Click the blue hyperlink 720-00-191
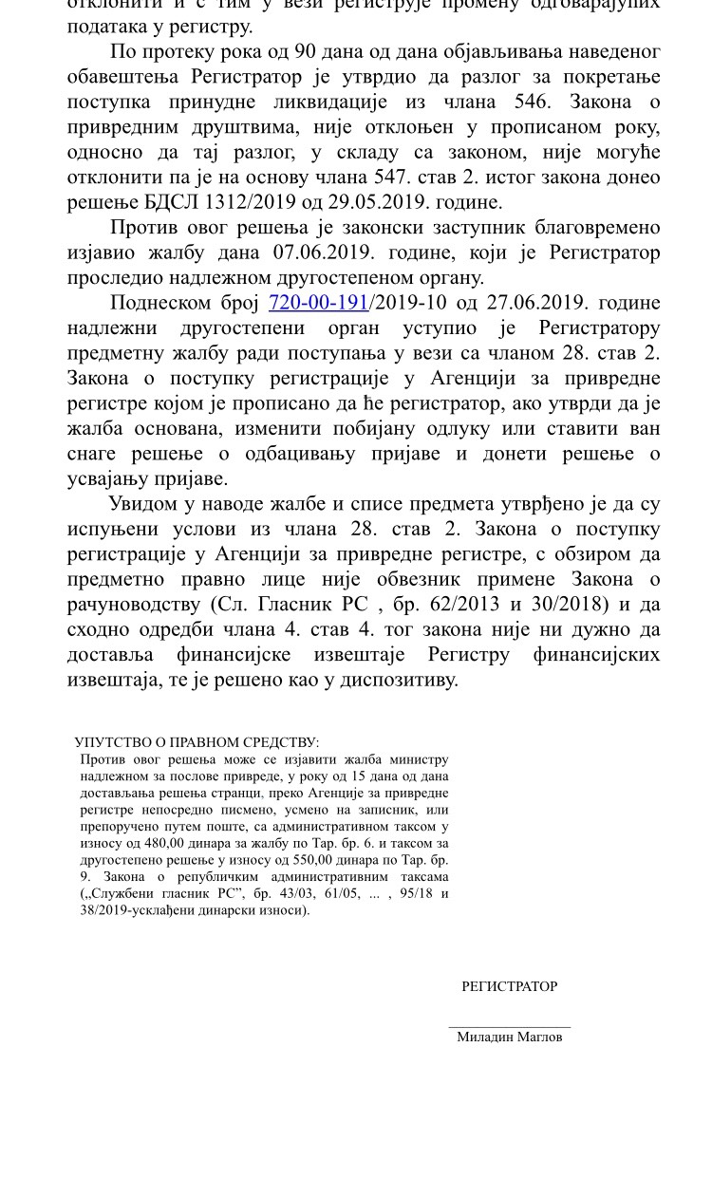318,303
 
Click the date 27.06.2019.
537,303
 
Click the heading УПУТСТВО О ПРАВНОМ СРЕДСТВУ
197,743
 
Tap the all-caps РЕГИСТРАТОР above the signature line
510,986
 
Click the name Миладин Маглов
510,1038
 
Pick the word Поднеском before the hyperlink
157,303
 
